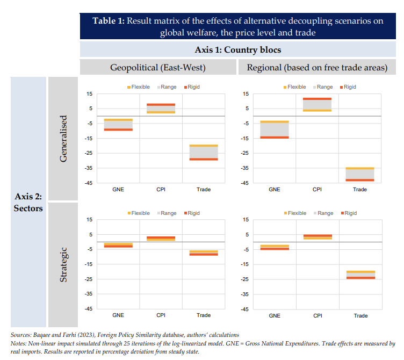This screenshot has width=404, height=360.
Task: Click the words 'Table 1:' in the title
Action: tap(108, 21)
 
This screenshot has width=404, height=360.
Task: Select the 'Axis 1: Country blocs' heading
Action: tap(238, 50)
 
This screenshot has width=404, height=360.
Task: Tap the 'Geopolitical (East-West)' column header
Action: tap(158, 68)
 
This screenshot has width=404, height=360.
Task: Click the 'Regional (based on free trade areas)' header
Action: tap(317, 68)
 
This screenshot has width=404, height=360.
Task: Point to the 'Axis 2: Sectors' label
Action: tap(28, 203)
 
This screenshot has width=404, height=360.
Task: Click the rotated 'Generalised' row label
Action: tap(63, 139)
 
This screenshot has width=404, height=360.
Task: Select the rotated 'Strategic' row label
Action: tap(63, 264)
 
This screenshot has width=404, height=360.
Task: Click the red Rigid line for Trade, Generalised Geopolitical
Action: tap(204, 159)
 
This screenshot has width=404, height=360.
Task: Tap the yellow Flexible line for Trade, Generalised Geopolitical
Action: tap(204, 146)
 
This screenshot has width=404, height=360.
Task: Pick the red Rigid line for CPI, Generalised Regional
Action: tap(317, 99)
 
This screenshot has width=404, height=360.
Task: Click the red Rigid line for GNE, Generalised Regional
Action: tap(274, 138)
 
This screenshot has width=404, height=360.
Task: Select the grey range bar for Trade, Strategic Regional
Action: tap(360, 275)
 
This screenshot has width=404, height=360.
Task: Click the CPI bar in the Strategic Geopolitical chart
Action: tap(161, 239)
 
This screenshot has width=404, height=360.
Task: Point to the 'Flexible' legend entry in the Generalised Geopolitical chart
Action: tap(138, 87)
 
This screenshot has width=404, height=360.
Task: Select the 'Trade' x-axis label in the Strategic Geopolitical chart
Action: tap(204, 315)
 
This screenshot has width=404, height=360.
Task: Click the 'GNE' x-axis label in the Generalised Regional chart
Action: tap(274, 189)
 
